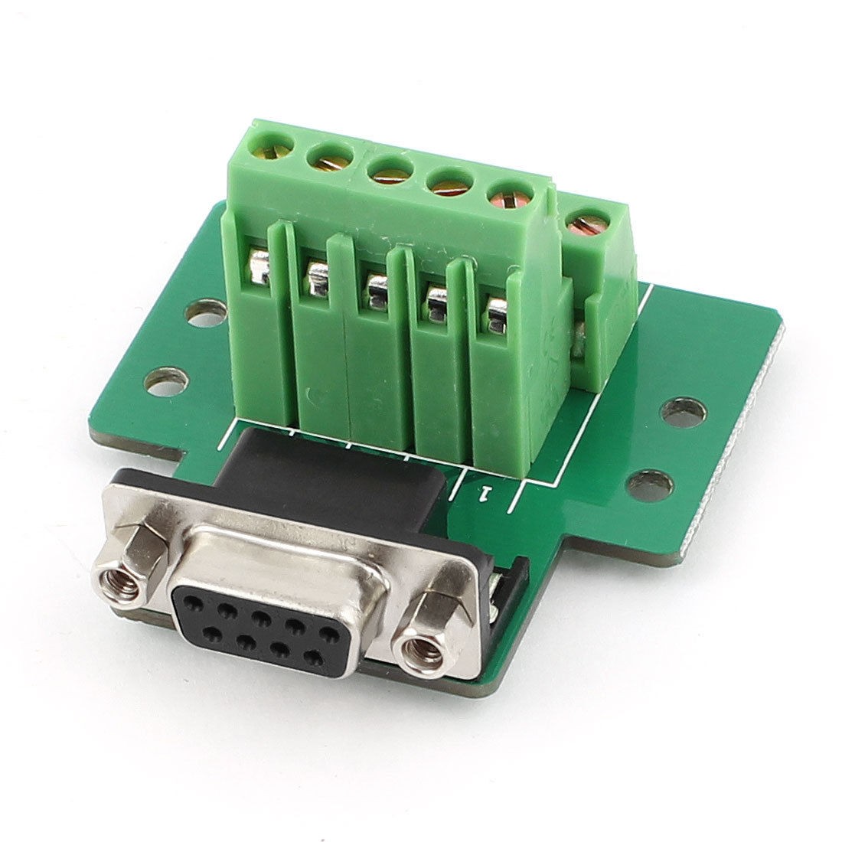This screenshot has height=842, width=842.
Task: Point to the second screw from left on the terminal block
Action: coord(324,158)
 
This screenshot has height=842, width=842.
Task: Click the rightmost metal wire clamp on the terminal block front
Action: coord(496,309)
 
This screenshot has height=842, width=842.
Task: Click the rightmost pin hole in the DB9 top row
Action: coord(330,632)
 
